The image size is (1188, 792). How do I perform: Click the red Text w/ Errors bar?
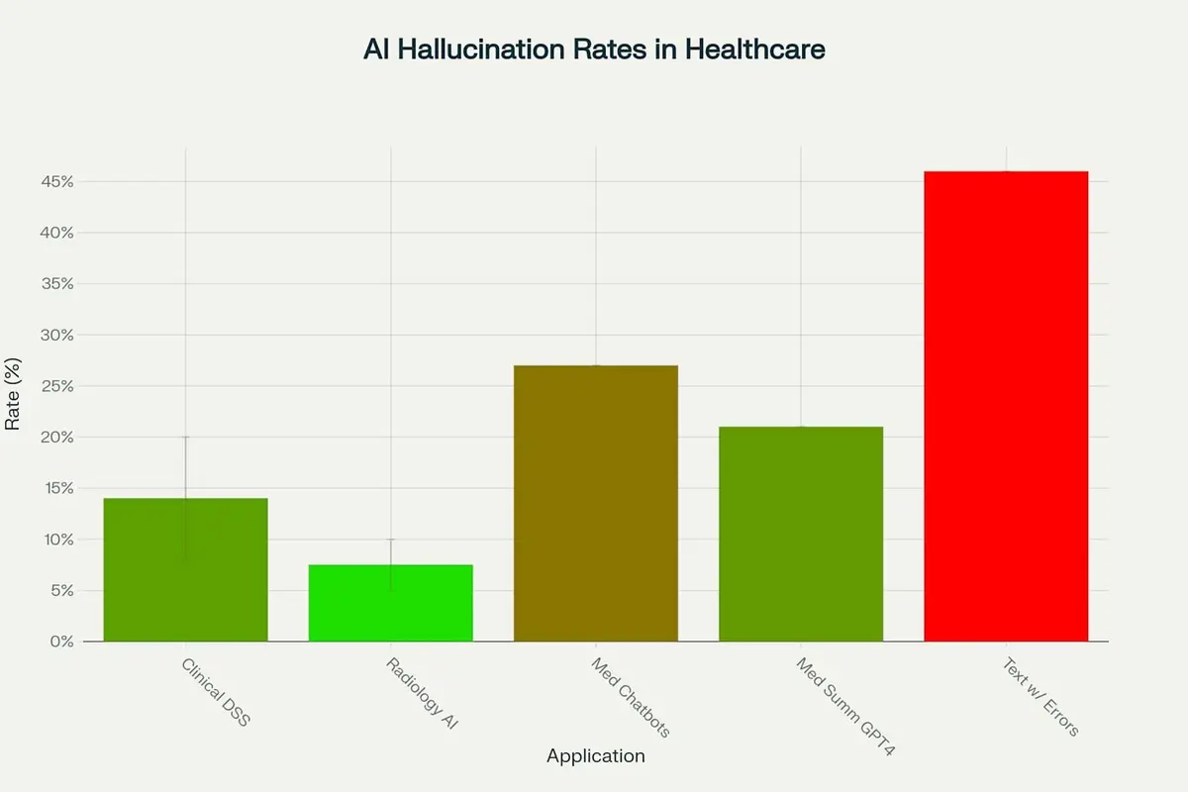coord(1006,406)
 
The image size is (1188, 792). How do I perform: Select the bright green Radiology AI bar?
coord(390,603)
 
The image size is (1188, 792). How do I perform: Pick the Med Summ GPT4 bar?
coord(800,534)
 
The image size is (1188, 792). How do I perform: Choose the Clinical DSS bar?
coord(185,569)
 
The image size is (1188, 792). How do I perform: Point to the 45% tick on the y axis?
coord(55,182)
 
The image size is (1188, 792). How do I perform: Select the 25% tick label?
coord(55,386)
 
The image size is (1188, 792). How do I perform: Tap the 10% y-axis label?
coord(55,540)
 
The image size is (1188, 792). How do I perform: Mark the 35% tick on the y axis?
coord(55,284)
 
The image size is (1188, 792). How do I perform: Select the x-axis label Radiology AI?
coord(422,693)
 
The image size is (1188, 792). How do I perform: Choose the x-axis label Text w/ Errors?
coord(1039,697)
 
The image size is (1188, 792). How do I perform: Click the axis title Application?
coord(595,756)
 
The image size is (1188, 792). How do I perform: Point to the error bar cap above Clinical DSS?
coord(185,437)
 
